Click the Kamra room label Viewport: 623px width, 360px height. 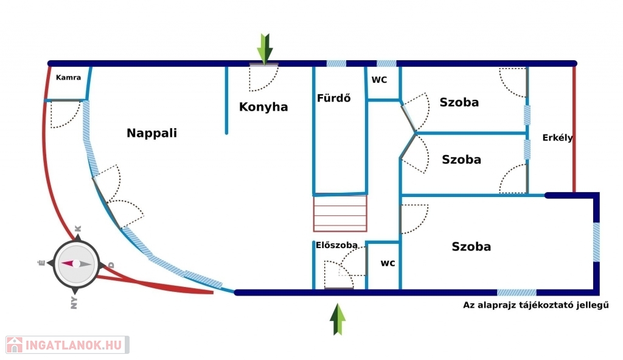coord(68,78)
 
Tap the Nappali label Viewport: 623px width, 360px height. coord(151,133)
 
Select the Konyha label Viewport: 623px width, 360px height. coord(263,107)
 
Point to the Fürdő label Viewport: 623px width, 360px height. coord(333,98)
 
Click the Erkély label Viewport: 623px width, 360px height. coord(557,138)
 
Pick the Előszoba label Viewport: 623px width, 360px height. coord(333,246)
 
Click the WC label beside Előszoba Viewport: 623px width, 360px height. coord(388,263)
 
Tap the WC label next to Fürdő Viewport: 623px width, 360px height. coord(380,80)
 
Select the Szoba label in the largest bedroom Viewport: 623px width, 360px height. coord(471,247)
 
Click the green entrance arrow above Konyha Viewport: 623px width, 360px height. coord(265,49)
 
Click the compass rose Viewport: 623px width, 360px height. coord(75,264)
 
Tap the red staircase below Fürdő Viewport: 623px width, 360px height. coord(341,213)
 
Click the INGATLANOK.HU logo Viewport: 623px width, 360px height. coord(67,345)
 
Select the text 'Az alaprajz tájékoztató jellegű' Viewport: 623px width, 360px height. coord(536,305)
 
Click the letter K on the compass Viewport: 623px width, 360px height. coord(77,229)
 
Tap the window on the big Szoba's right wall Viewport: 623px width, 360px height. coord(596,243)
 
